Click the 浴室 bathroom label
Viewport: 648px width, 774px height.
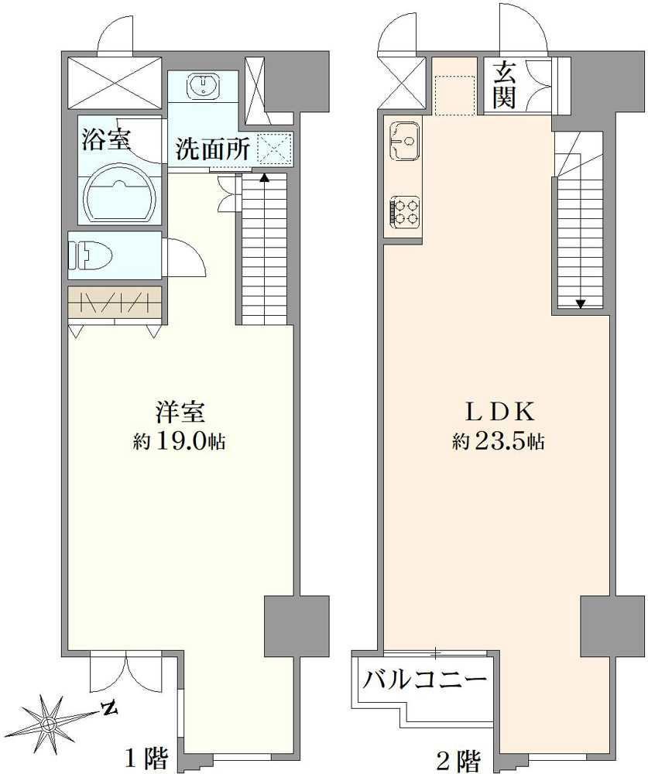[x=106, y=139]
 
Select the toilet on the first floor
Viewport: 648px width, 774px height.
[x=91, y=255]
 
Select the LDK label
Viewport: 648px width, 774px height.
[x=499, y=413]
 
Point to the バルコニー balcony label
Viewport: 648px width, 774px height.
[x=424, y=682]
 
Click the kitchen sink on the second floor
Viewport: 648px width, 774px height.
[x=405, y=141]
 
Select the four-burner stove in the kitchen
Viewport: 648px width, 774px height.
[x=405, y=212]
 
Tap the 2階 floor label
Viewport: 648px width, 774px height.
[x=458, y=760]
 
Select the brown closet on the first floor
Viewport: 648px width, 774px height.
[x=115, y=302]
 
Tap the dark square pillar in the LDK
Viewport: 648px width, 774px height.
[x=599, y=626]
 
